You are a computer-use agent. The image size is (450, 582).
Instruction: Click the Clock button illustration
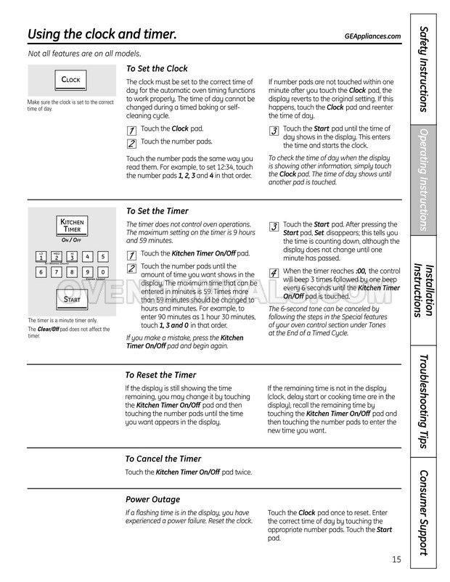point(71,80)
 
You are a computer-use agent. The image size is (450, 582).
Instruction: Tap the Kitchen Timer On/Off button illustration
point(71,224)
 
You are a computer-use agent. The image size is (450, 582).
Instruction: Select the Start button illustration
point(71,299)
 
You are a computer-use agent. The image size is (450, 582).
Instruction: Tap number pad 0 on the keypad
point(102,272)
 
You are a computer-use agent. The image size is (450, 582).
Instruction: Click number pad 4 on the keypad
point(87,256)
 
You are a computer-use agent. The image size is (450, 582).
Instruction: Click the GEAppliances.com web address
point(373,36)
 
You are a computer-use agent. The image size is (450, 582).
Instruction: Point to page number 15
point(396,559)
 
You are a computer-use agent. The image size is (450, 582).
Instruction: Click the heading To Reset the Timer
point(160,375)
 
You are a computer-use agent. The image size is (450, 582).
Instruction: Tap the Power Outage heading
point(152,499)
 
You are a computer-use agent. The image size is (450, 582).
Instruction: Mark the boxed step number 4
point(274,273)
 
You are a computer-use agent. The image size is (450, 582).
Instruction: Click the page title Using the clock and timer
point(102,35)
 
